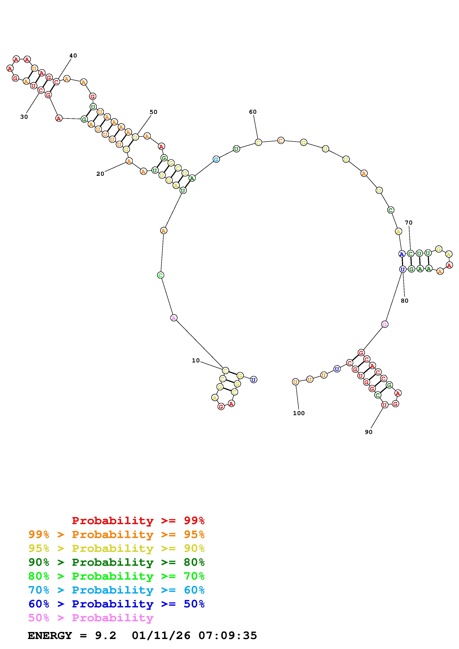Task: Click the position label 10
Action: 196,361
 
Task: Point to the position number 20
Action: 100,174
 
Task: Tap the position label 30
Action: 24,117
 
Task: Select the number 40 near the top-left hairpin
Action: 73,56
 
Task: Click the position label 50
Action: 153,112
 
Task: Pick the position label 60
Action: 253,112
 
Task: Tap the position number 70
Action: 409,223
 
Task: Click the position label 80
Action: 405,301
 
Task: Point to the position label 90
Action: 369,432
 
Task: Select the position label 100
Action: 299,413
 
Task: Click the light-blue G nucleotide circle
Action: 216,159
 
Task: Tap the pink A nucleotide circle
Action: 174,318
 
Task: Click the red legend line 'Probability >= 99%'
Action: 138,521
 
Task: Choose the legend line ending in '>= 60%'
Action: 116,590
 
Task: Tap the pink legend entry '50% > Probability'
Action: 91,618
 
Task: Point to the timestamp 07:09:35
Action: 228,636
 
